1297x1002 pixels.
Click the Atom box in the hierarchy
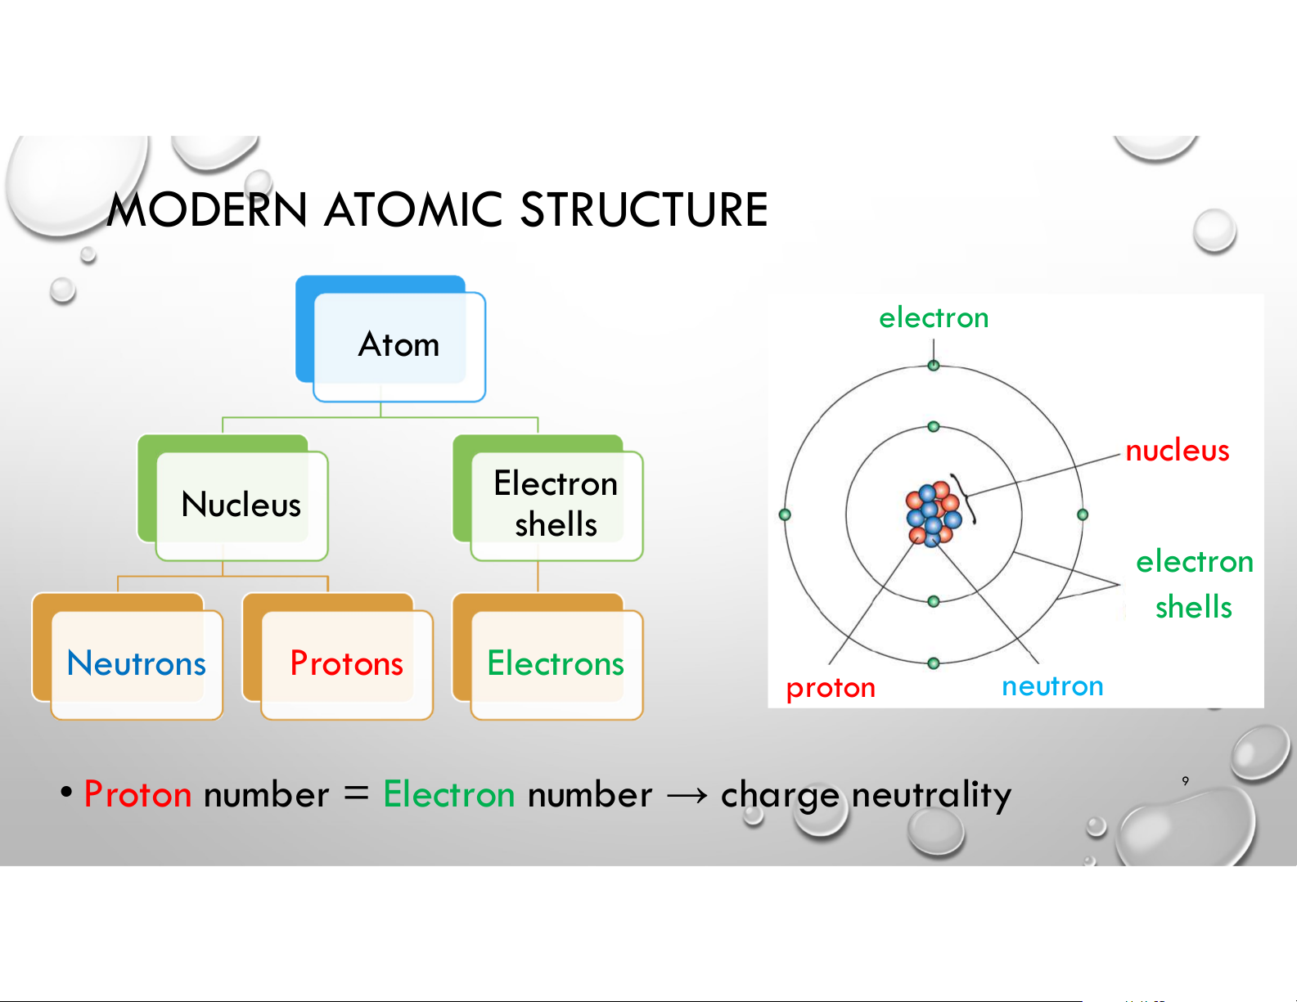pos(390,338)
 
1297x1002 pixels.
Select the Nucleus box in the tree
pos(232,497)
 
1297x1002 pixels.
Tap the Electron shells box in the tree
pos(548,497)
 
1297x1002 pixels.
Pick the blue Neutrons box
pos(128,656)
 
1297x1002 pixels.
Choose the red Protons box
pos(338,656)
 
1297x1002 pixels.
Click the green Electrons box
pos(548,656)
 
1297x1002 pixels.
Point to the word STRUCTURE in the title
pos(644,209)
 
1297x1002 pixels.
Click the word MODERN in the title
pos(207,209)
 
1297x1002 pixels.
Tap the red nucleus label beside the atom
pos(1177,451)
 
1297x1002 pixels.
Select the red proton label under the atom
pos(831,688)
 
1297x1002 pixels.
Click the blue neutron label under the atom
pos(1052,686)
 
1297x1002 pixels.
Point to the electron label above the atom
pos(934,317)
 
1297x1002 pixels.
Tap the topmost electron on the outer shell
pos(934,366)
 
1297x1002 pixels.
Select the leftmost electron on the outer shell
pos(785,514)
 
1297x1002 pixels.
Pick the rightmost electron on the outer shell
pos(1083,514)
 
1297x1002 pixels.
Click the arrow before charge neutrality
pos(687,795)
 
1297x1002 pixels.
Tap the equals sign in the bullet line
pos(356,793)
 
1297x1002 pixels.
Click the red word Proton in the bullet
pos(137,794)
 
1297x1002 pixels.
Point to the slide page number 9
pos(1185,780)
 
